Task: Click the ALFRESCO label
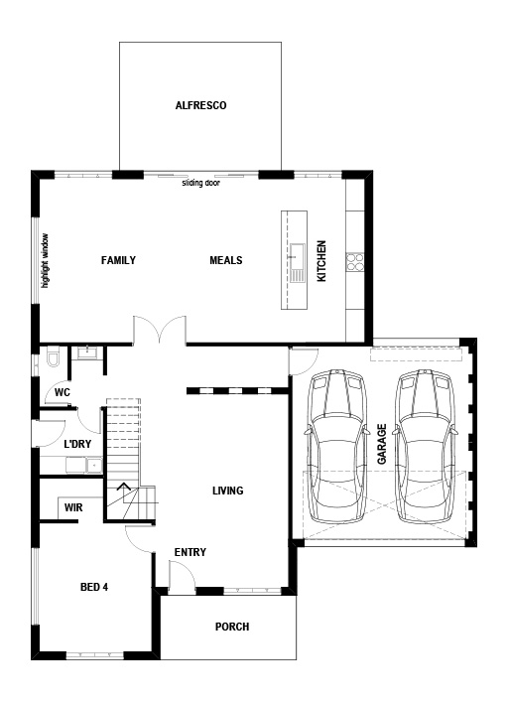click(201, 104)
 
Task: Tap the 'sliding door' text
click(200, 184)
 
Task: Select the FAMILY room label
click(118, 261)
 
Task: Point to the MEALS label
click(226, 261)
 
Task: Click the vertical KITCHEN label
click(321, 261)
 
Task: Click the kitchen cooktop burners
click(354, 261)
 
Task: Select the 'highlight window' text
click(45, 261)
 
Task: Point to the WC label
click(62, 393)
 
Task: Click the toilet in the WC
click(53, 356)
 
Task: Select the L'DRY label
click(77, 444)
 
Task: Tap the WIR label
click(73, 507)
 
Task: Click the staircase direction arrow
click(124, 487)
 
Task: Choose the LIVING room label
click(227, 491)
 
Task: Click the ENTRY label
click(190, 553)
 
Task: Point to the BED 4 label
click(94, 587)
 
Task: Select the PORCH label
click(231, 627)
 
